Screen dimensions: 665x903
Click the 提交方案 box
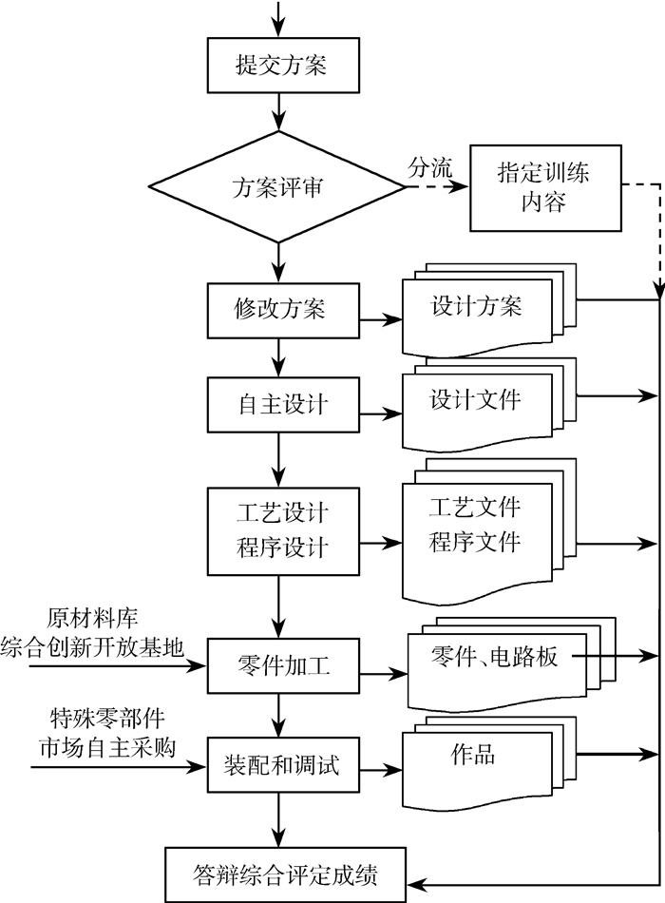click(x=283, y=65)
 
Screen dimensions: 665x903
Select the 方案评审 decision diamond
click(x=278, y=186)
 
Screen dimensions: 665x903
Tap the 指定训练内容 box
click(x=546, y=188)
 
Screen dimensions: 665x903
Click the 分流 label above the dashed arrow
click(x=430, y=167)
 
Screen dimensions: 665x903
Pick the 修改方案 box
click(x=283, y=310)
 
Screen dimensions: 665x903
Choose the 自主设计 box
click(x=283, y=404)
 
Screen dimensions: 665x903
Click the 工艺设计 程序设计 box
click(x=283, y=531)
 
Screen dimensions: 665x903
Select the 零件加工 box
click(x=283, y=665)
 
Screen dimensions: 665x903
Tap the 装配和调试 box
click(x=283, y=765)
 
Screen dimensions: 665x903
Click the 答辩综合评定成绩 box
click(x=286, y=874)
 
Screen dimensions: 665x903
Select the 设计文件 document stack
click(x=489, y=404)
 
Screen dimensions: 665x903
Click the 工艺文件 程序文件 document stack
click(x=489, y=531)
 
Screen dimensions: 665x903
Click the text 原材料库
click(x=93, y=618)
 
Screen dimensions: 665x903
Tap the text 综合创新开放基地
click(x=92, y=647)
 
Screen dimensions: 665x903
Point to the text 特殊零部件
click(x=107, y=719)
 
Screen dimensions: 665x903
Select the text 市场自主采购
click(x=107, y=747)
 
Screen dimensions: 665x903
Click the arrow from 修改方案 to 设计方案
click(x=381, y=319)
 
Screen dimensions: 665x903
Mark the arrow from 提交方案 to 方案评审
click(x=278, y=112)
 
